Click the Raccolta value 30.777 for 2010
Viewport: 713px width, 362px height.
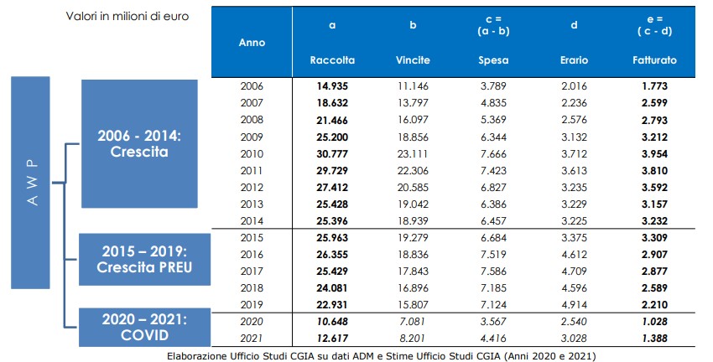click(332, 154)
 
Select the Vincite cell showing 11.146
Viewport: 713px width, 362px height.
click(413, 85)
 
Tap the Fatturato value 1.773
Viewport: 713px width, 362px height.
click(654, 85)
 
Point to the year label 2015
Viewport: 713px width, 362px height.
click(252, 237)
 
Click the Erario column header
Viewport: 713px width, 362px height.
click(574, 60)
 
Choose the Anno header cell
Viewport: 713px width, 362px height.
click(252, 42)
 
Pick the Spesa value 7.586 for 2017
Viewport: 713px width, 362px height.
click(493, 271)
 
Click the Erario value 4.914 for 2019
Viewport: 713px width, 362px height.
click(574, 305)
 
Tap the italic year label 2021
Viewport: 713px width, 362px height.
click(252, 339)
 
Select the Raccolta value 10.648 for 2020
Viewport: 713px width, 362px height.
click(332, 322)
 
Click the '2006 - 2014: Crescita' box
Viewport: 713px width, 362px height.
click(139, 143)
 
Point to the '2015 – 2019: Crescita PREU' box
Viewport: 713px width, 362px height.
click(144, 260)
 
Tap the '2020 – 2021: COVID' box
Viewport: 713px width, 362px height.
click(144, 328)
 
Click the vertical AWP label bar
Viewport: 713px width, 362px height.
click(30, 183)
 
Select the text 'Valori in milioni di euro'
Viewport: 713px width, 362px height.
click(128, 17)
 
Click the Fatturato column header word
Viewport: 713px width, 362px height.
click(654, 60)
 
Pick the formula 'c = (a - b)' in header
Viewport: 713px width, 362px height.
click(493, 25)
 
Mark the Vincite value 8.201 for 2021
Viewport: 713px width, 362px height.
click(413, 339)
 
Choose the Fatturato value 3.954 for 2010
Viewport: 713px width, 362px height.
click(654, 154)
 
